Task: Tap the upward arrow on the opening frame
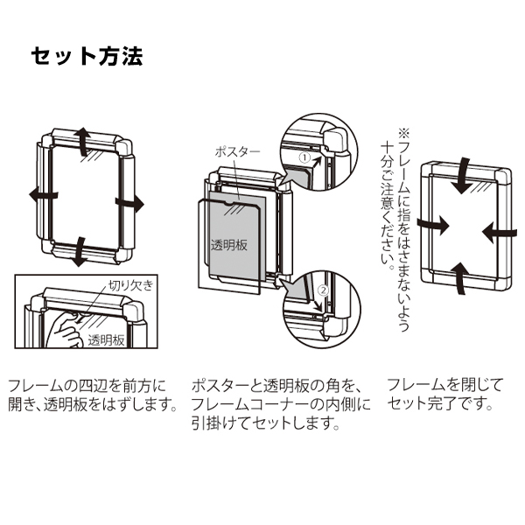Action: point(81,141)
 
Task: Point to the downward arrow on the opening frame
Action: point(79,251)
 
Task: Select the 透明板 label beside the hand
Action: point(106,340)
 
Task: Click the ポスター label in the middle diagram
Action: point(237,150)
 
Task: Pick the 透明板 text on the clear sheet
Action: point(229,245)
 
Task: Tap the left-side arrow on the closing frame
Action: point(430,224)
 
